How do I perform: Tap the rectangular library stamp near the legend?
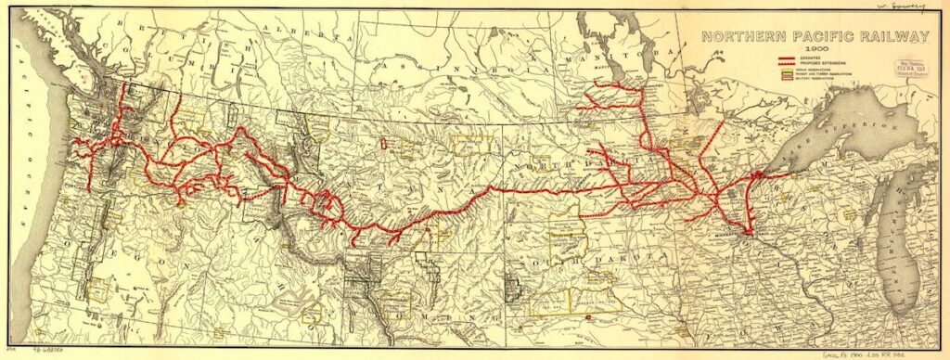tap(911, 67)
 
